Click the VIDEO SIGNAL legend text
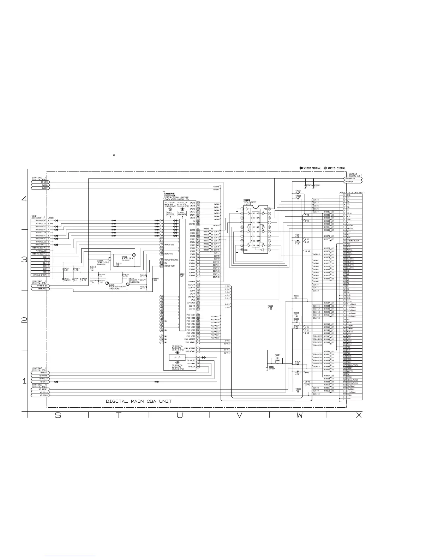point(312,168)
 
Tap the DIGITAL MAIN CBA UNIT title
point(139,401)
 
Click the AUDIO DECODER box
point(170,214)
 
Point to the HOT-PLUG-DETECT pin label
point(40,275)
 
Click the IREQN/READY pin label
point(354,241)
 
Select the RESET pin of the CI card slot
point(350,368)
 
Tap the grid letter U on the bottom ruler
point(180,416)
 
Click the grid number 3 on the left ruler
point(24,260)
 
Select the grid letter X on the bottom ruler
point(359,416)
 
